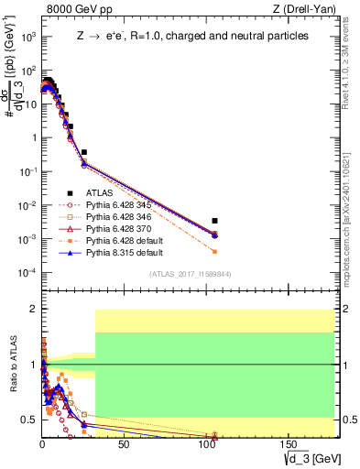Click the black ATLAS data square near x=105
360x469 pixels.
(214, 221)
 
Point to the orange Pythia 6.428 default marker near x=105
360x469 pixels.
(214, 251)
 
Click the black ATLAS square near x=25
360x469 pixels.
(84, 152)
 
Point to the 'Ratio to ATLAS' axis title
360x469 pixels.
(13, 366)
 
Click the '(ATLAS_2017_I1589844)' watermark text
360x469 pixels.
(189, 274)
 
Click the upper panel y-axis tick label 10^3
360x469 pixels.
(28, 36)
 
